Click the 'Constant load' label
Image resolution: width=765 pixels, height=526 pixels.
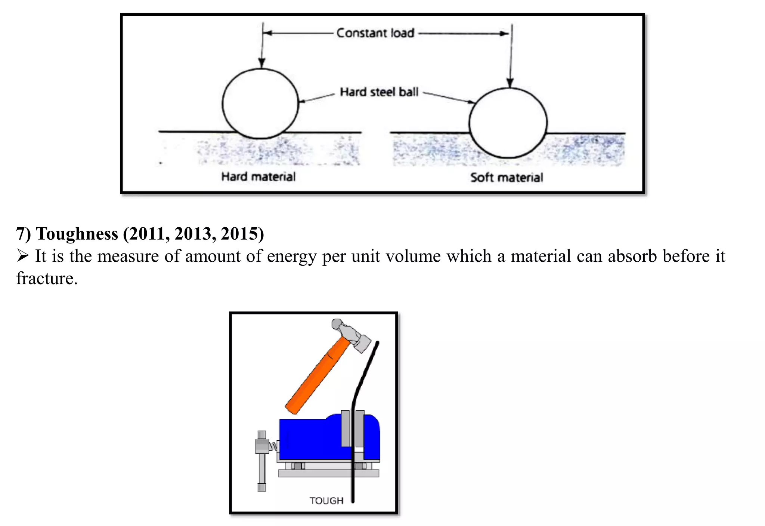pos(375,33)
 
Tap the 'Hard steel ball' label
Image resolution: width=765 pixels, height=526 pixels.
pos(379,92)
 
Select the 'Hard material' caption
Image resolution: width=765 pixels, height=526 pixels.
pos(258,176)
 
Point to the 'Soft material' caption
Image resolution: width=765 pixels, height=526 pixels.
pos(507,177)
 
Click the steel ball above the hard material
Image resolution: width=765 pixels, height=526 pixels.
pos(260,104)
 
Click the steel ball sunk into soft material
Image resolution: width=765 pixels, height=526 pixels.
pos(508,123)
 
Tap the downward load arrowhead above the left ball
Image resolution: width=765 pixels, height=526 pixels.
pos(262,64)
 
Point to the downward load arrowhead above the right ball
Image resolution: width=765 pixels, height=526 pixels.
pos(510,83)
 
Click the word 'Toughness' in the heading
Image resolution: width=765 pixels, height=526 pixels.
pos(77,234)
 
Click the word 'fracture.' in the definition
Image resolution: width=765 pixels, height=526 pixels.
pos(47,279)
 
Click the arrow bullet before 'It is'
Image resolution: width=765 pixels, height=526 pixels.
pos(23,256)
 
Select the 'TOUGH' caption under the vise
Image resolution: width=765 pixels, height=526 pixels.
pos(326,501)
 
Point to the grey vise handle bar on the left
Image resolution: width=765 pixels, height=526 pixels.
pos(262,462)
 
